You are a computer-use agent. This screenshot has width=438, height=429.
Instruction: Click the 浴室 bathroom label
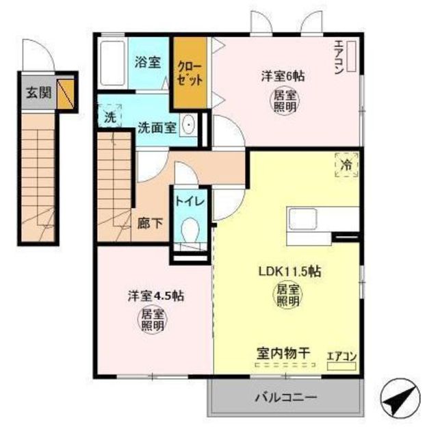pos(148,62)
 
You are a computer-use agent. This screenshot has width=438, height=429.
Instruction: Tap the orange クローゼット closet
pos(190,73)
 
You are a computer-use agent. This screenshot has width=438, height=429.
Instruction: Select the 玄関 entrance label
pos(39,92)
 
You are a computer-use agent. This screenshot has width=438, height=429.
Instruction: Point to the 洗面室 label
pos(157,128)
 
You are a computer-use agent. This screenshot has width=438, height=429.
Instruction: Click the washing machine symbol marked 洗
pos(109,116)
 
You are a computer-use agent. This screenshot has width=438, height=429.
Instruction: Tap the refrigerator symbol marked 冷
pos(346,165)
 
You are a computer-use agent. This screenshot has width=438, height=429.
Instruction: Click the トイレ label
pos(190,201)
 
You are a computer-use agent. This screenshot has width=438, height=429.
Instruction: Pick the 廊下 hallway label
pos(150,223)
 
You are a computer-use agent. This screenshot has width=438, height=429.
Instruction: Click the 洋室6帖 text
pos(283,76)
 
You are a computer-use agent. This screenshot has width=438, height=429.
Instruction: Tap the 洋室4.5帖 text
pos(156,296)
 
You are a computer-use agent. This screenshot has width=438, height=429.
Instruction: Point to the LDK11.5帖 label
pos(289,271)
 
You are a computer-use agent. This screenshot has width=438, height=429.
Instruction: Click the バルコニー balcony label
pos(286,397)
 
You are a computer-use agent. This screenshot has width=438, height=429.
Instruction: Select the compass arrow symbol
pos(400,398)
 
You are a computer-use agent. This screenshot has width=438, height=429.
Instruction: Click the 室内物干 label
pos(283,353)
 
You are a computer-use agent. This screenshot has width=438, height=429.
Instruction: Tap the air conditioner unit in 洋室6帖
pos(351,56)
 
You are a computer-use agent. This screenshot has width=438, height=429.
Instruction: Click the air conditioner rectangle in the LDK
pos(342,366)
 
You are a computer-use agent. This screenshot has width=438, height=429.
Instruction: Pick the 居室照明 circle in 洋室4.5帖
pos(152,320)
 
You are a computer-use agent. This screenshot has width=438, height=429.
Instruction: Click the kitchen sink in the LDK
pos(302,219)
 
